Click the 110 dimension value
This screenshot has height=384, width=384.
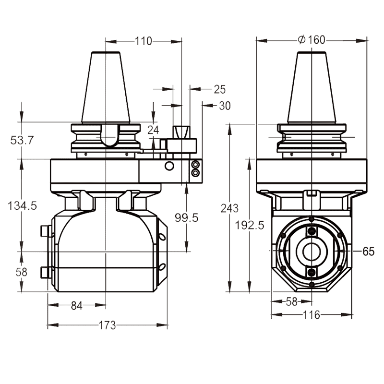click(x=143, y=41)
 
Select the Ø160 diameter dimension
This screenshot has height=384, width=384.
click(x=312, y=40)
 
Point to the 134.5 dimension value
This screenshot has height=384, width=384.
click(x=23, y=205)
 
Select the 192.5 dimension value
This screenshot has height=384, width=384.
click(x=250, y=225)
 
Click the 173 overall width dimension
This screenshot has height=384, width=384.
click(x=107, y=325)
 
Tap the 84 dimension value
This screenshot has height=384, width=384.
click(x=77, y=306)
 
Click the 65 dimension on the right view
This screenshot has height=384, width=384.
click(x=368, y=251)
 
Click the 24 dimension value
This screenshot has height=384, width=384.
click(x=153, y=130)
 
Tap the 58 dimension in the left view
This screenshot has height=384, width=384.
click(x=22, y=272)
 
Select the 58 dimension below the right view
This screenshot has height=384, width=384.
click(x=291, y=301)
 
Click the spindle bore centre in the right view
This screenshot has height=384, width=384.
click(x=312, y=251)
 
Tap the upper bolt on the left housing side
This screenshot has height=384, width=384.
click(x=46, y=232)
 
